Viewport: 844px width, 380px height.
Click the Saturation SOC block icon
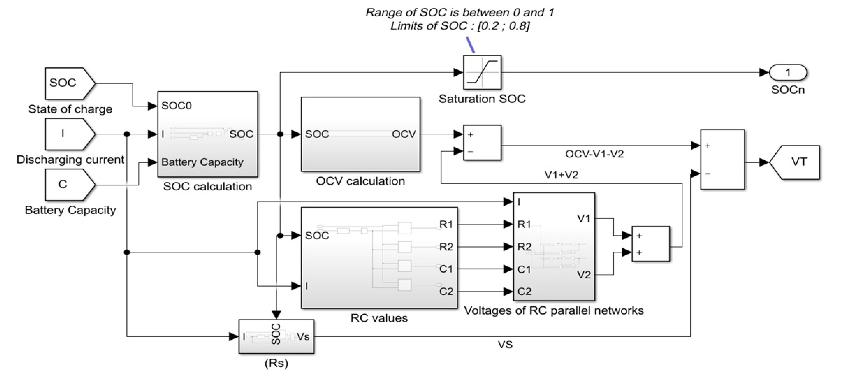click(x=482, y=72)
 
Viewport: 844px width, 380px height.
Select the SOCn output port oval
click(x=788, y=72)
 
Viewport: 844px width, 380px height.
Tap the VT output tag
click(x=796, y=162)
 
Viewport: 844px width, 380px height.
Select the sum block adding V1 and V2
click(x=650, y=244)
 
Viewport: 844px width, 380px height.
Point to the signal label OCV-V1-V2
click(x=594, y=154)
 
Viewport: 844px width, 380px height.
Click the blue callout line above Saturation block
click(x=470, y=45)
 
